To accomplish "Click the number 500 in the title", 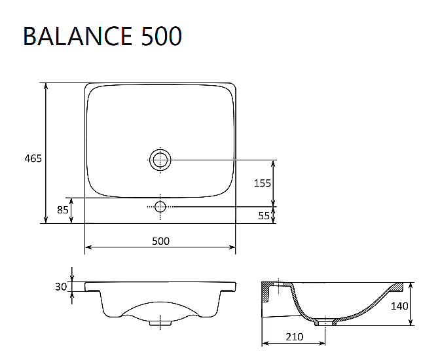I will pyautogui.click(x=161, y=36).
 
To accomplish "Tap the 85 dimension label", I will pyautogui.click(x=63, y=210).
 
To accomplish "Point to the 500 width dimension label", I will pyautogui.click(x=160, y=241).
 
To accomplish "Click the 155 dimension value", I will pyautogui.click(x=263, y=183).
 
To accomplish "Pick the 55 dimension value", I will pyautogui.click(x=264, y=215).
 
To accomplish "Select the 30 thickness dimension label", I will pyautogui.click(x=62, y=287).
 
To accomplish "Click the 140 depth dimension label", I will pyautogui.click(x=399, y=306).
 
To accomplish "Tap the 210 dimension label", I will pyautogui.click(x=294, y=337).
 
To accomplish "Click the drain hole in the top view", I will pyautogui.click(x=160, y=159).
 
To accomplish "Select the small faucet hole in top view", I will pyautogui.click(x=160, y=207).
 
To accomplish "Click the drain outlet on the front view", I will pyautogui.click(x=160, y=322).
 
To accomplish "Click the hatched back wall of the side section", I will pyautogui.click(x=268, y=293).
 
